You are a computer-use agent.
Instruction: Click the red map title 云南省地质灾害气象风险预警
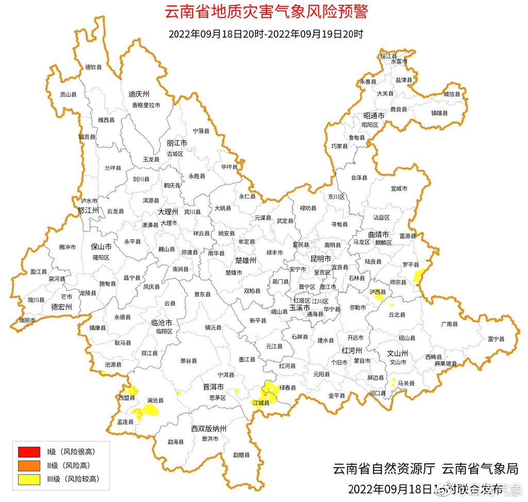[x=267, y=12]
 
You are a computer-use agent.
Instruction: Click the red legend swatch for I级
[x=29, y=452]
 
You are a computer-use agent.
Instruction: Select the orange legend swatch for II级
[x=29, y=465]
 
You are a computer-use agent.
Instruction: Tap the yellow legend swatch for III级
[x=29, y=479]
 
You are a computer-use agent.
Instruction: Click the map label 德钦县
[x=93, y=67]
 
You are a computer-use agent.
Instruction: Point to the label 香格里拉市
[x=146, y=105]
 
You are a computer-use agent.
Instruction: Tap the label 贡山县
[x=68, y=94]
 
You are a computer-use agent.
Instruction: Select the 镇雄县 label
[x=440, y=112]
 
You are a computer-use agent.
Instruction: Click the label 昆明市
[x=320, y=258]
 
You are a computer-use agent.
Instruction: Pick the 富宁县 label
[x=496, y=339]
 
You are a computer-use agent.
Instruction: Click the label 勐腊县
[x=241, y=455]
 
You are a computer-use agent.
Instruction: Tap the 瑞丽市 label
[x=27, y=320]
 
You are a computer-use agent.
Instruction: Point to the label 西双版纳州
[x=209, y=428]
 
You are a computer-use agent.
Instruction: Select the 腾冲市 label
[x=68, y=247]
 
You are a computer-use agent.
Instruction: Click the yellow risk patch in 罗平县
[x=418, y=275]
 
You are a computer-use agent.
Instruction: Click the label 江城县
[x=261, y=403]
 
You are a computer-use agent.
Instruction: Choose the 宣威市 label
[x=399, y=189]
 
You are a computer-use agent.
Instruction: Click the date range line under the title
[x=266, y=35]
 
